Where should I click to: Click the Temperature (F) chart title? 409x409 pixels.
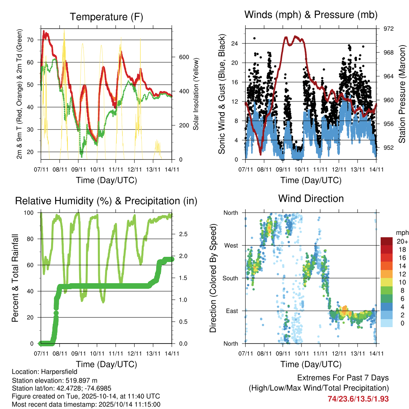(106, 17)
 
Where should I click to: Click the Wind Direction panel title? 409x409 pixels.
(311, 198)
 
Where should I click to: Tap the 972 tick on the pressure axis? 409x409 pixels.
(384, 29)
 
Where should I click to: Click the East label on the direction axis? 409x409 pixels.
(231, 311)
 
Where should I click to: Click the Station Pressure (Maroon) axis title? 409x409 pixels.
(402, 94)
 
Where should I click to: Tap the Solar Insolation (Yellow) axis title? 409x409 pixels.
(196, 94)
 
